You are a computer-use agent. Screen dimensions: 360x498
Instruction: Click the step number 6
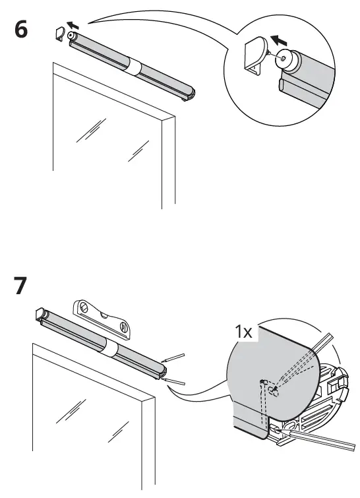(x=21, y=30)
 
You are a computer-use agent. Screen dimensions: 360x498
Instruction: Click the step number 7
(x=20, y=286)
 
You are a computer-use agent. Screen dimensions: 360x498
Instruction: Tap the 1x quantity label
(x=243, y=332)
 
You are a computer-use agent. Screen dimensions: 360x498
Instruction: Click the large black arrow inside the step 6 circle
(x=279, y=41)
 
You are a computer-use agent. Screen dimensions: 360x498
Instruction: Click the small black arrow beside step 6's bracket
(x=73, y=25)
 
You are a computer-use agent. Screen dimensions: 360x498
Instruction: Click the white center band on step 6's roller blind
(x=134, y=67)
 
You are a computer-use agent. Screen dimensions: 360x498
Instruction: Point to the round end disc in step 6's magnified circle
(x=284, y=59)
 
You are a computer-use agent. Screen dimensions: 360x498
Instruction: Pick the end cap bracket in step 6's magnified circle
(x=256, y=55)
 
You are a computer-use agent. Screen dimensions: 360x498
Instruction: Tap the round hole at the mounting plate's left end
(x=84, y=307)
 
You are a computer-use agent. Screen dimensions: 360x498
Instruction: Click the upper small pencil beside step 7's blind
(x=173, y=358)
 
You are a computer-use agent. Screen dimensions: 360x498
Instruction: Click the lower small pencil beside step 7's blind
(x=173, y=381)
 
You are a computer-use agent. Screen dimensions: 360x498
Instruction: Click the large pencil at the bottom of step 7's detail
(x=315, y=439)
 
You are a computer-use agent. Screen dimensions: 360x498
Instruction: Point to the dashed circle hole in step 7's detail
(x=274, y=391)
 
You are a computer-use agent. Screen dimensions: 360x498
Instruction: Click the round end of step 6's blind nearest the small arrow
(x=71, y=36)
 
